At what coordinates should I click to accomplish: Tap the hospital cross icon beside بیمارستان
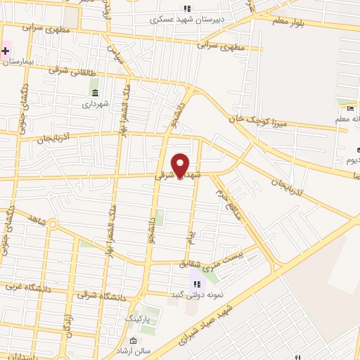pyautogui.click(x=6, y=51)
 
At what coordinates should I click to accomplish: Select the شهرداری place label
pyautogui.click(x=96, y=104)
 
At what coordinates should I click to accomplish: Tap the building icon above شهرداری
pyautogui.click(x=96, y=94)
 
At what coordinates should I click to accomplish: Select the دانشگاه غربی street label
pyautogui.click(x=25, y=286)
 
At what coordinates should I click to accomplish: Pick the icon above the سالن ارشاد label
pyautogui.click(x=133, y=341)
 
